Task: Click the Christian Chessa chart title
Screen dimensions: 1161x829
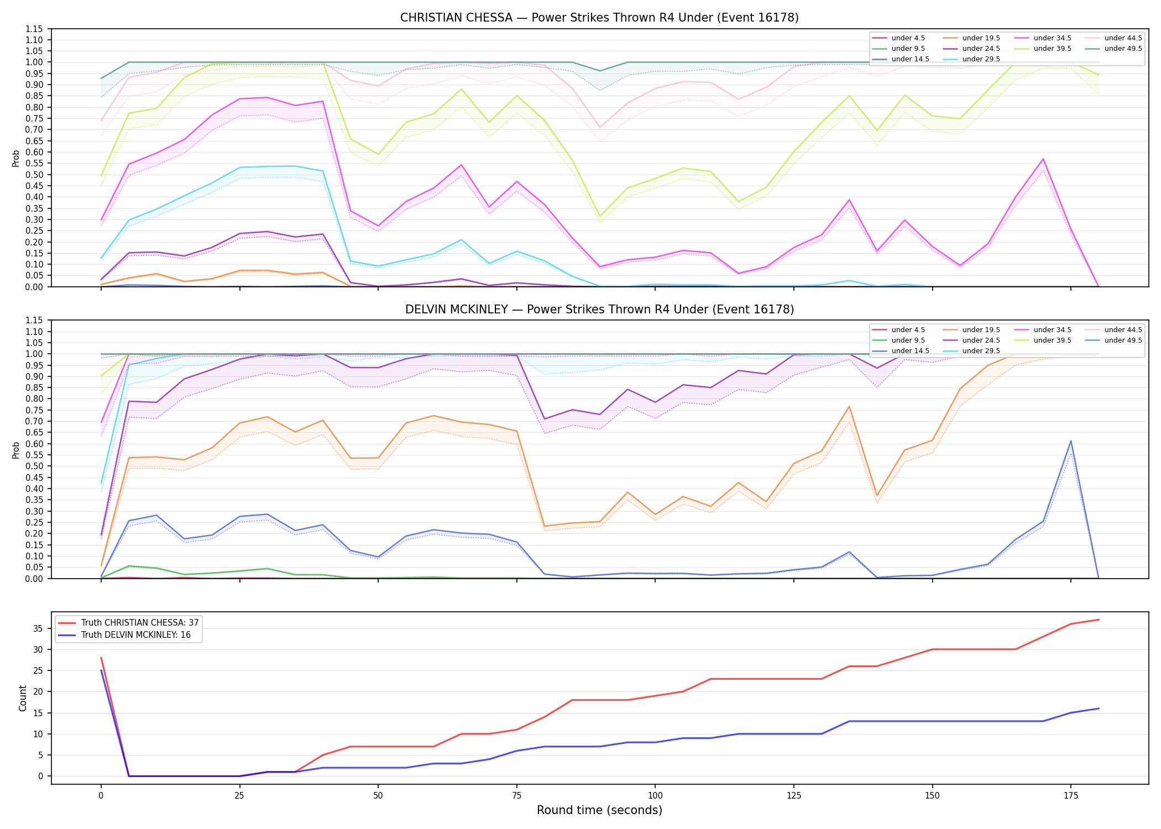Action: point(599,18)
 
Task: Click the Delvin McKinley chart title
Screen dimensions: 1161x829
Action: point(599,309)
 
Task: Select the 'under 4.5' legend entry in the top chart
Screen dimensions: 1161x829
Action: point(898,38)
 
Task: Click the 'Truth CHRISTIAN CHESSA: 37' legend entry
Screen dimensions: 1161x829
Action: point(128,623)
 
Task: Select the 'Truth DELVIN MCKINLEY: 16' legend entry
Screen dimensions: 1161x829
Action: point(124,635)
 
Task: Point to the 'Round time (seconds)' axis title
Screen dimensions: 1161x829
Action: point(599,810)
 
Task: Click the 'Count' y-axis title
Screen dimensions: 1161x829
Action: point(23,698)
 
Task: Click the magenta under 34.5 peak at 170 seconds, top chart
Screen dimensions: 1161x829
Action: point(1043,159)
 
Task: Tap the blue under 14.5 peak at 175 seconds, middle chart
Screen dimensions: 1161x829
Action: point(1071,441)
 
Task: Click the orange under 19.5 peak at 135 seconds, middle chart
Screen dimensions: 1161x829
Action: point(849,407)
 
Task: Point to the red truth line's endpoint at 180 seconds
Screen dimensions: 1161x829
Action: point(1099,620)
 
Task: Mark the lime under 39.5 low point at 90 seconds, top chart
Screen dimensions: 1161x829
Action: point(600,216)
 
